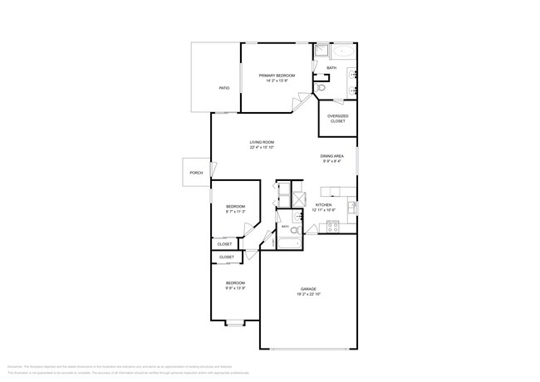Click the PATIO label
point(224,87)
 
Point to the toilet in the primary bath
point(320,86)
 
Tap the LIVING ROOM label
point(262,142)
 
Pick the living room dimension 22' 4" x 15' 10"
point(262,148)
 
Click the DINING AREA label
point(332,156)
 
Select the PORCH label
point(196,173)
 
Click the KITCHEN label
point(323,204)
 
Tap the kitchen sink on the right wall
point(351,206)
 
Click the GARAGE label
point(308,288)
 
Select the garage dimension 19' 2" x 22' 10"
point(308,294)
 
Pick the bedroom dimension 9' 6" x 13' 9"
point(235,288)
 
